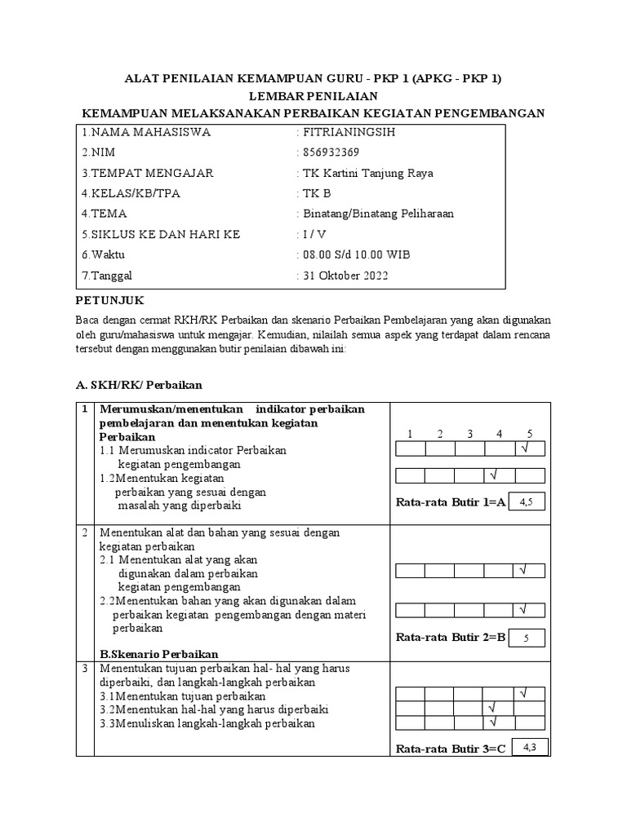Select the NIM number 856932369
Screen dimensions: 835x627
click(x=331, y=152)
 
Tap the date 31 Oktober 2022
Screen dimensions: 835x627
click(x=346, y=276)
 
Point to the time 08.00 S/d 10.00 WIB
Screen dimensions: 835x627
click(x=358, y=255)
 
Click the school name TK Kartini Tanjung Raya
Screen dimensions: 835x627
click(x=367, y=173)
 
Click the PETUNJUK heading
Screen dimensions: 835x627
click(x=110, y=301)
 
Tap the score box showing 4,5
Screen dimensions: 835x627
click(x=527, y=502)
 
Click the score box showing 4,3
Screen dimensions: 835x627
click(x=529, y=746)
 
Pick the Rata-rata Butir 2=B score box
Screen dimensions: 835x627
click(x=527, y=638)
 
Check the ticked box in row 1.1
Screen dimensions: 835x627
click(x=529, y=448)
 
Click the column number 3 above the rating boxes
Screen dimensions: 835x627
click(x=469, y=434)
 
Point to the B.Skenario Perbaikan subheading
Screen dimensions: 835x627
click(x=158, y=654)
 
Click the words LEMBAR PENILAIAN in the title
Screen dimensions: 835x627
click(x=313, y=95)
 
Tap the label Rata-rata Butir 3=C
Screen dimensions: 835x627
click(x=451, y=748)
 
